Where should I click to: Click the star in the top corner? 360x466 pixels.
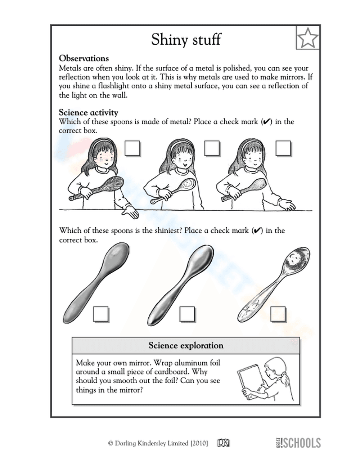tap(308, 37)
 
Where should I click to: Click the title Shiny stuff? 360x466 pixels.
tap(186, 39)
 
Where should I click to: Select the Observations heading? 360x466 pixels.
tap(84, 58)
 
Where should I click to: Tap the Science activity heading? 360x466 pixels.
tap(89, 112)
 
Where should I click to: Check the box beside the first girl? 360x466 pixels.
tap(132, 148)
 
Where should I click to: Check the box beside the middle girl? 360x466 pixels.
tap(211, 148)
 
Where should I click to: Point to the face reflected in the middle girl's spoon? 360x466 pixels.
tap(188, 185)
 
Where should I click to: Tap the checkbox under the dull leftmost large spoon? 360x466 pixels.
tap(101, 314)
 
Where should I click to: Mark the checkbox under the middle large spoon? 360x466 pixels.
tap(187, 314)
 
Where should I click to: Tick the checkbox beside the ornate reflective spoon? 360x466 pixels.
tap(278, 314)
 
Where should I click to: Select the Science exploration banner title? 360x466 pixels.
tap(186, 345)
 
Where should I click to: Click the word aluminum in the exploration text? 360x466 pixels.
tap(192, 363)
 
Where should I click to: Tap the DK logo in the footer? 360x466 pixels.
tap(223, 443)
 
